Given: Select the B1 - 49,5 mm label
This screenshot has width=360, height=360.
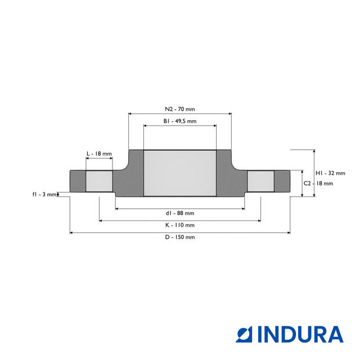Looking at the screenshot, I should pos(180,121).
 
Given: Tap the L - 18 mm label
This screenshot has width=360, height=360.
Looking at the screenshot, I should pos(99,154).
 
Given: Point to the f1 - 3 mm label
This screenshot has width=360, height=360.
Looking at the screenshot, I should pos(44,194).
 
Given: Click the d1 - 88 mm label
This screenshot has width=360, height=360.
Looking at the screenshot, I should pos(180,213).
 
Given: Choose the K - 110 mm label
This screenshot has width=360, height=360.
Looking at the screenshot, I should pos(180,225).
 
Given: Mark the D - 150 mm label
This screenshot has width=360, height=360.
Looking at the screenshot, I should pos(180,237).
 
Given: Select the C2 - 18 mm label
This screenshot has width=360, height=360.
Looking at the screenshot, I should pos(318,183).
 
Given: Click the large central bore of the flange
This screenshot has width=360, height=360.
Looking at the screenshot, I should pos(180,173).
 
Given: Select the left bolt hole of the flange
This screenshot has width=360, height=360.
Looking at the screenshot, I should pos(99,181).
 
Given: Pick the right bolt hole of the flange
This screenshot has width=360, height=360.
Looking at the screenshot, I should pos(261,181).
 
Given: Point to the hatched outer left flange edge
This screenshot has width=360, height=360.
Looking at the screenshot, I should pos(77,181).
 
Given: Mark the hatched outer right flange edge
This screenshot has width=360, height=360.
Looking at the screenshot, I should pos(282,181).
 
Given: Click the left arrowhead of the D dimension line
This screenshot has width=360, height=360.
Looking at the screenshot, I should pos(72,232).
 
